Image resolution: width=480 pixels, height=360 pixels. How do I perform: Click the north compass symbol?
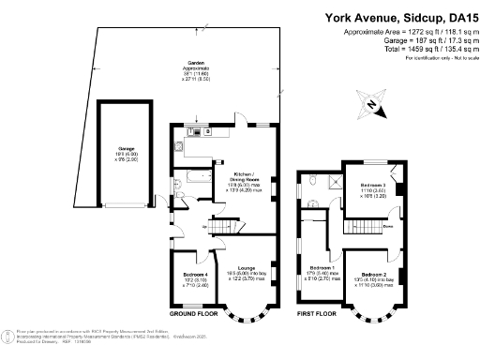pyautogui.click(x=375, y=105)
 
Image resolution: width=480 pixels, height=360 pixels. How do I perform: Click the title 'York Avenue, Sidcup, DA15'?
pyautogui.click(x=397, y=17)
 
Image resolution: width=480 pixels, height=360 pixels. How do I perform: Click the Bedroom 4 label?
pyautogui.click(x=195, y=275)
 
